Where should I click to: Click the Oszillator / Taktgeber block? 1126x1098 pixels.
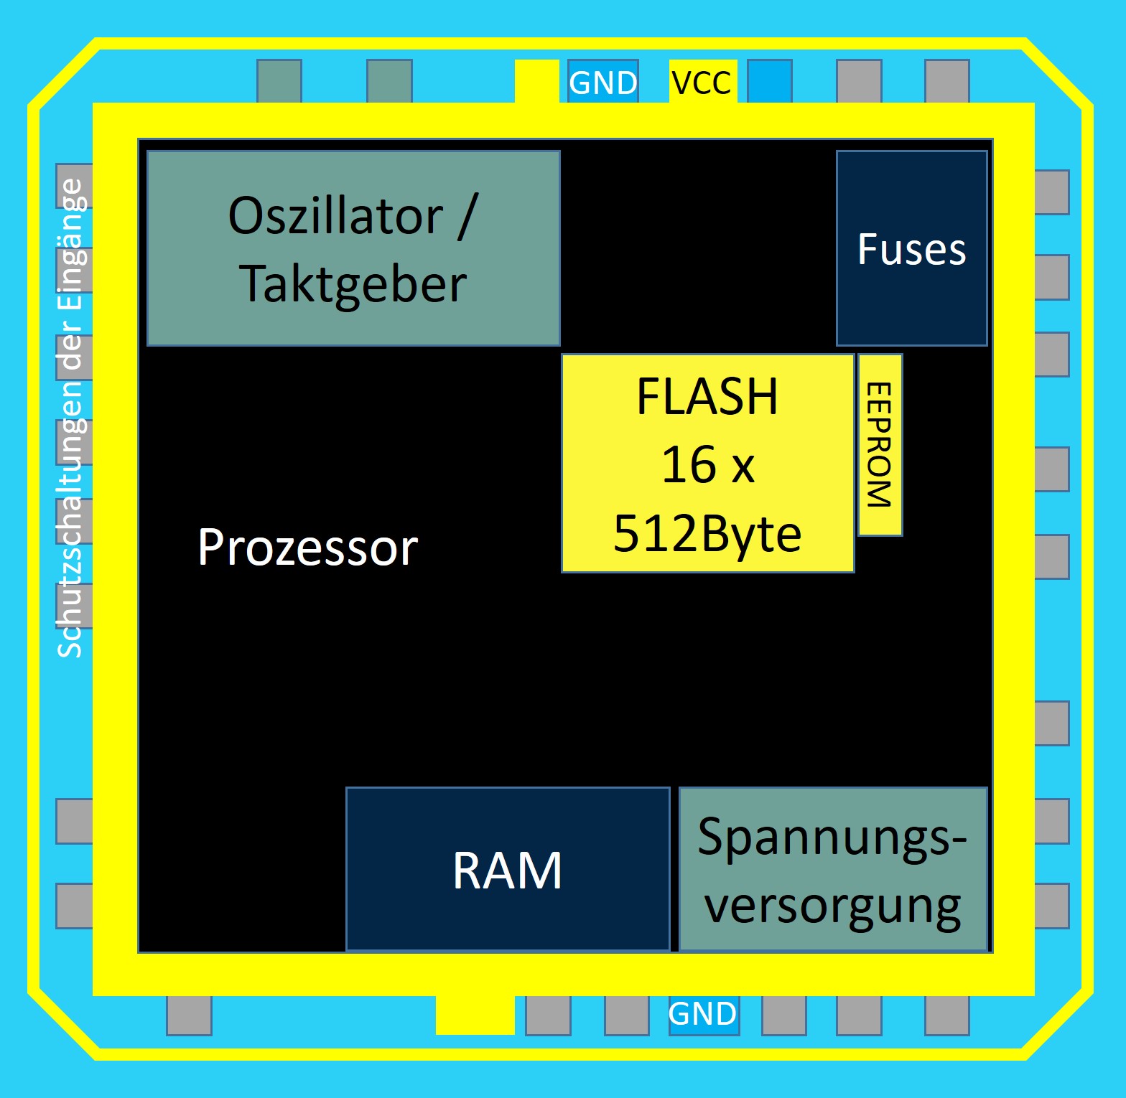click(x=353, y=248)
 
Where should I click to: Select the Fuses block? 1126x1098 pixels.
click(x=911, y=248)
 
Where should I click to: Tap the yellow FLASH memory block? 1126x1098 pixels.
click(x=707, y=463)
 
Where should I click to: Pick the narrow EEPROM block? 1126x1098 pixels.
click(x=880, y=445)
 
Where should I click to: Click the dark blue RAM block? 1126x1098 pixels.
click(x=508, y=869)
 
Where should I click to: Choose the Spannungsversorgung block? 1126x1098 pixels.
click(x=833, y=869)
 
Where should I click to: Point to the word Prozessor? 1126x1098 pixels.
click(x=307, y=548)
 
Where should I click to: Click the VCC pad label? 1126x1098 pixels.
click(x=702, y=82)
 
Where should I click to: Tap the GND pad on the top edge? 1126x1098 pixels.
click(x=603, y=82)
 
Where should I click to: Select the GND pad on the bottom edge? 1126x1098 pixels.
click(x=703, y=1014)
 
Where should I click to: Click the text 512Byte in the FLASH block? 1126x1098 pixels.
click(x=707, y=533)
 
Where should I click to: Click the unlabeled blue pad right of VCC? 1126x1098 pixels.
click(x=770, y=81)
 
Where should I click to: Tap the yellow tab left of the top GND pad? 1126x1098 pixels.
click(x=536, y=81)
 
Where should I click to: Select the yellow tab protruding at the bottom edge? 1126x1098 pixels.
click(x=475, y=1015)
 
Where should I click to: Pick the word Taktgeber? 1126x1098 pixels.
click(x=353, y=284)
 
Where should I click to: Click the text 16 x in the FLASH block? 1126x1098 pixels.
click(x=707, y=464)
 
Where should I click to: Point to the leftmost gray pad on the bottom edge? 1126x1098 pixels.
click(x=189, y=1015)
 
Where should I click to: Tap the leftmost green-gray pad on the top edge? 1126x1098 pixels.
click(x=279, y=81)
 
